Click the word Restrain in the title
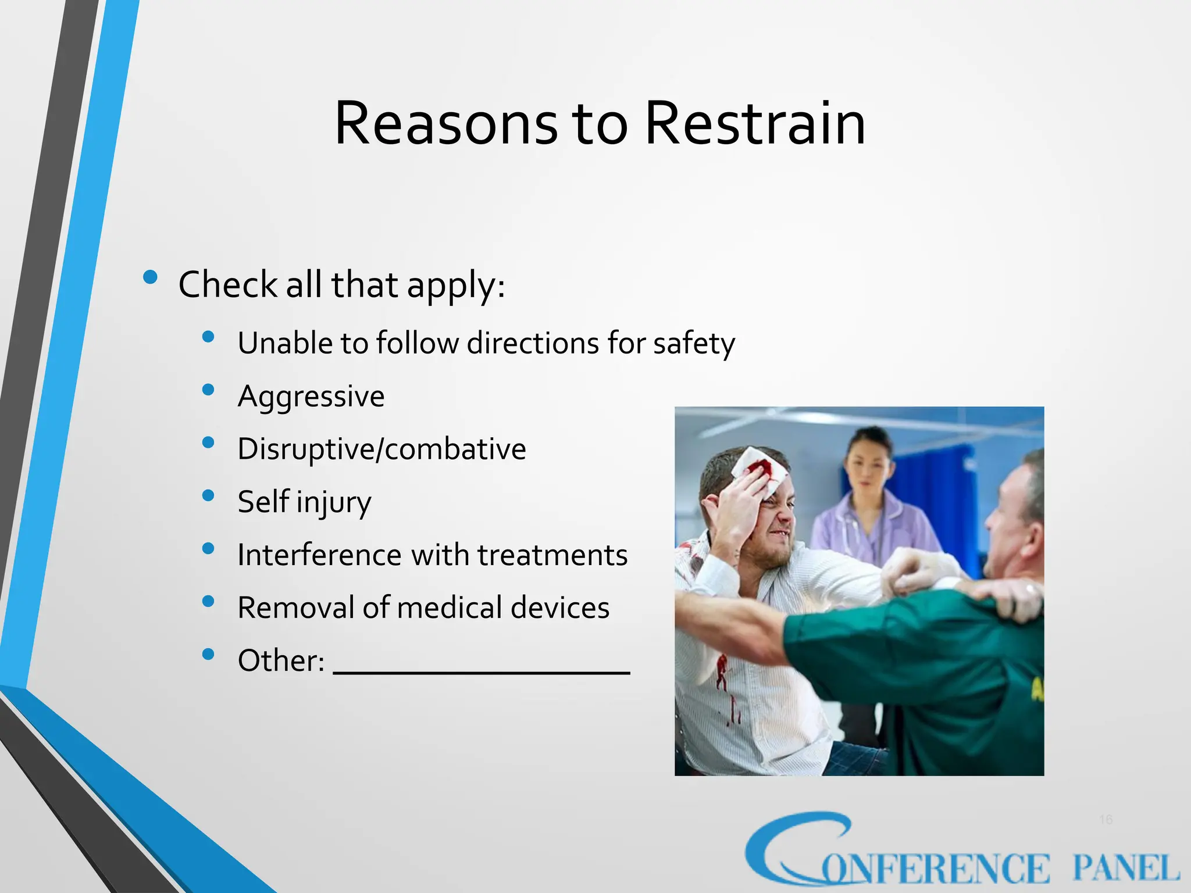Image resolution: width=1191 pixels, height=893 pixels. (755, 124)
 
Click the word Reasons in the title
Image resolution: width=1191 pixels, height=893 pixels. (446, 124)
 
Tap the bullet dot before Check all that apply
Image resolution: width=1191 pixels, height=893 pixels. (150, 277)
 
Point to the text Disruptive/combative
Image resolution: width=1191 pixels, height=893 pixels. (381, 449)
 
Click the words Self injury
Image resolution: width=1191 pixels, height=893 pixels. (304, 502)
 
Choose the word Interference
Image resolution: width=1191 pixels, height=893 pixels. (319, 555)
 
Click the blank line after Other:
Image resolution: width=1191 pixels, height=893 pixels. (482, 671)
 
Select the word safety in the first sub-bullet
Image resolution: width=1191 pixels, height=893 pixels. (694, 343)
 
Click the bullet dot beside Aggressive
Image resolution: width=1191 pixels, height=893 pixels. (208, 390)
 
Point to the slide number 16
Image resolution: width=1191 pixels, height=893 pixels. (1106, 820)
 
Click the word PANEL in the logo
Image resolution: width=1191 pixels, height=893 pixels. (1125, 869)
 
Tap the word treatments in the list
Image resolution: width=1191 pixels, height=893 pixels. (552, 555)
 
